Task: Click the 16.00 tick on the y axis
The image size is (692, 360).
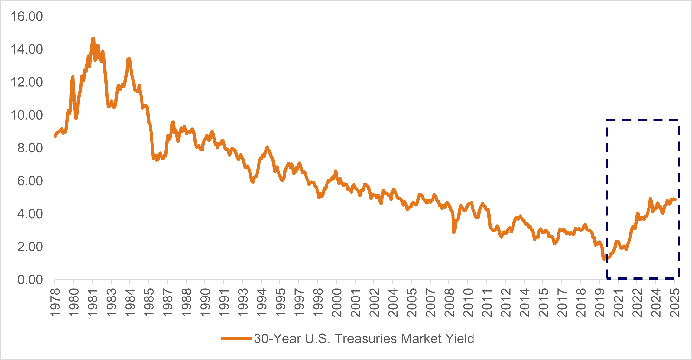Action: point(26,16)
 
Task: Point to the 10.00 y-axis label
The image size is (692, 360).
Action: point(26,115)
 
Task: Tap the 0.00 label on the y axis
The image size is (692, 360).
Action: point(30,280)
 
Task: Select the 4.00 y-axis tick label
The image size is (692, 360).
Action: point(30,214)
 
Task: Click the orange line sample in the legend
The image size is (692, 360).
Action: point(236,339)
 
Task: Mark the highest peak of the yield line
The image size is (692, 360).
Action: point(93,38)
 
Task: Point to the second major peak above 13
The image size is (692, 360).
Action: point(129,59)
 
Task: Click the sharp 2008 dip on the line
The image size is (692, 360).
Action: point(454,232)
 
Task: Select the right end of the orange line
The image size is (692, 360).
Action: point(675,200)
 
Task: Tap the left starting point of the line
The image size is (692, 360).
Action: point(55,136)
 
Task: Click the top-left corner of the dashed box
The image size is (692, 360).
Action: point(607,120)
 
